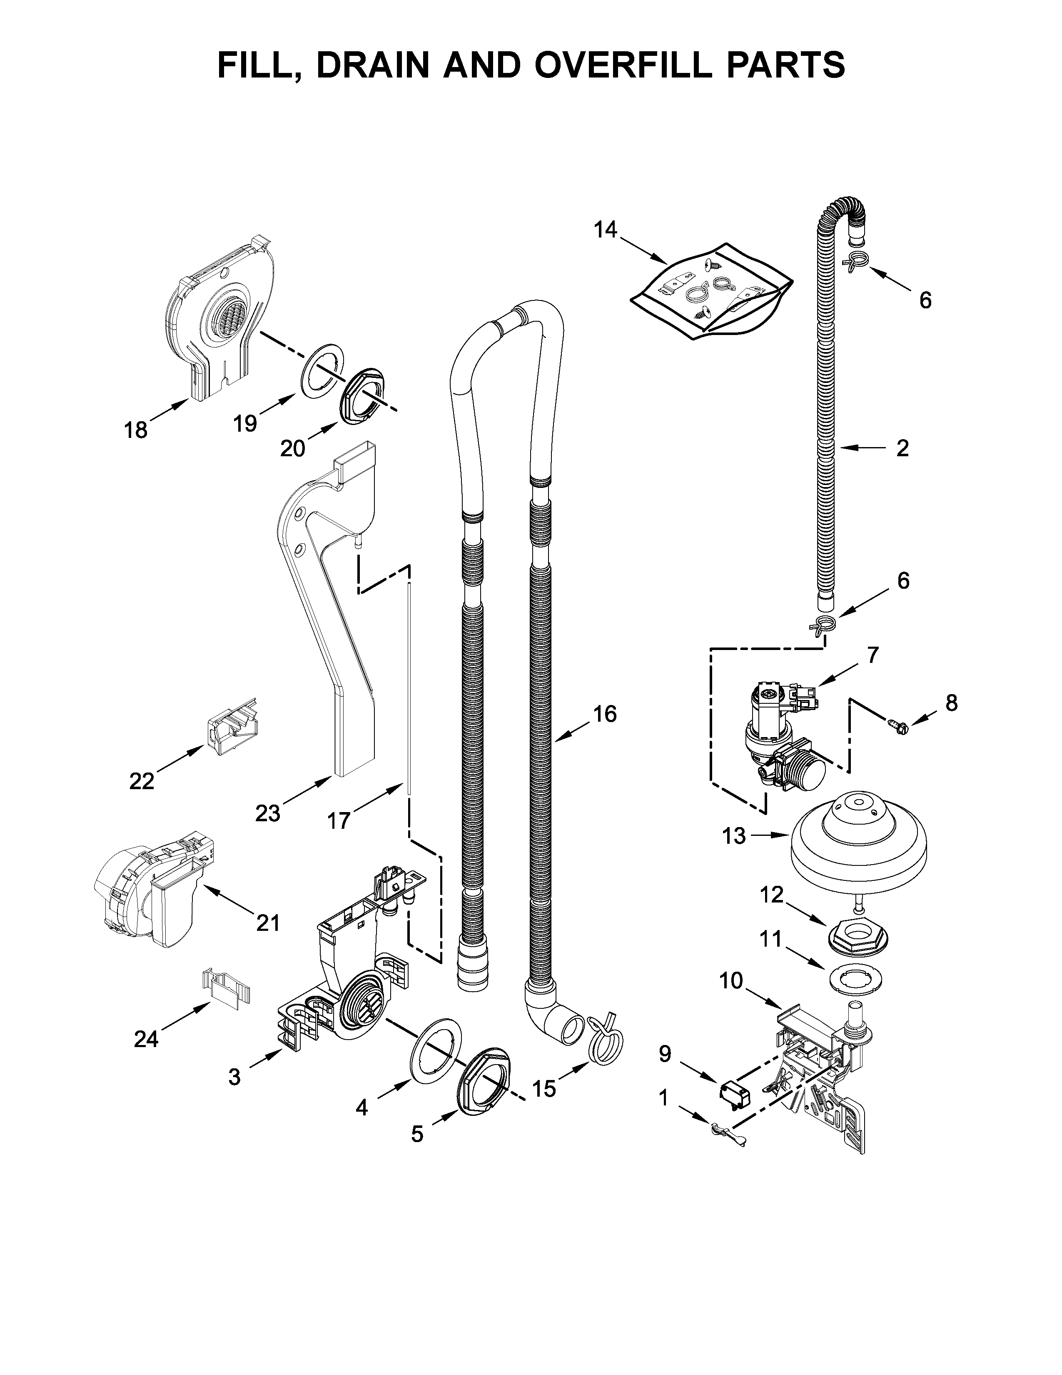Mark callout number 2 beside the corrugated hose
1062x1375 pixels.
click(902, 448)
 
